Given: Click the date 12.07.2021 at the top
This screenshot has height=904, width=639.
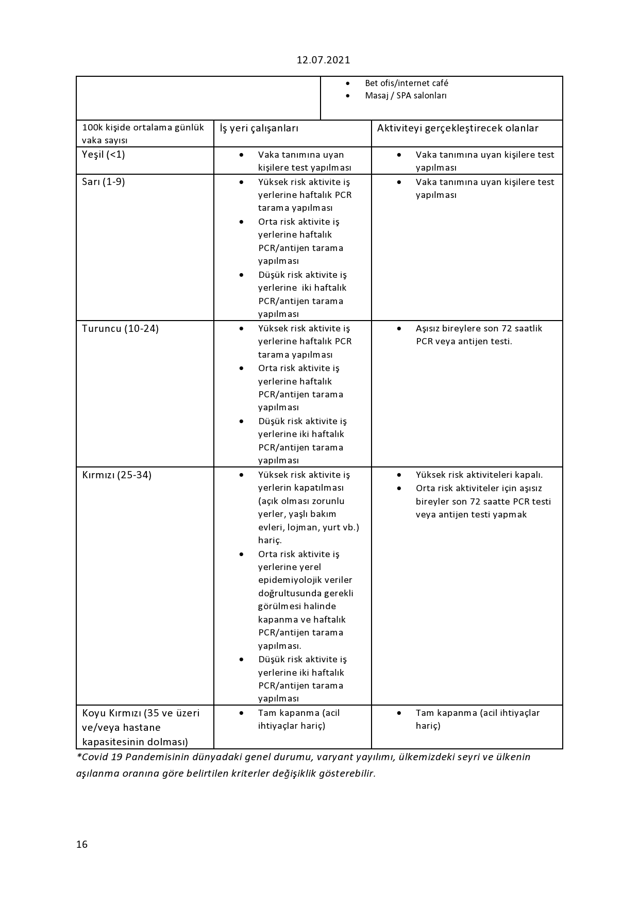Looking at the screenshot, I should pos(323,60).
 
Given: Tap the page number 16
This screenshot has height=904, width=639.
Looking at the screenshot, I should pos(82,844).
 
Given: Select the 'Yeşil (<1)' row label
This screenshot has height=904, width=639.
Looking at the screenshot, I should pos(103,154).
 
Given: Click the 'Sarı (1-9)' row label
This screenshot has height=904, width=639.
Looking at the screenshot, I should pos(103,181).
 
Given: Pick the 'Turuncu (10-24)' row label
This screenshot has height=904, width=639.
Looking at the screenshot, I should pos(120,328).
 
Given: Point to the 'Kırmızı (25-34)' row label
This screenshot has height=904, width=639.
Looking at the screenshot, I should pos(116,475).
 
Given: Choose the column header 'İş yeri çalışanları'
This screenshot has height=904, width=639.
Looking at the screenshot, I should pos(259,128).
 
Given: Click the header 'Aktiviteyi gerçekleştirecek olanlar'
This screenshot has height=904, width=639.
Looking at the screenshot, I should pos(458,128).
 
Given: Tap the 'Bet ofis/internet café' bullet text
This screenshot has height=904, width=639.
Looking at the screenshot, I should pos(406,83).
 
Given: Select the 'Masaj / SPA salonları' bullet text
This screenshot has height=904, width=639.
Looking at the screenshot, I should pos(406,95).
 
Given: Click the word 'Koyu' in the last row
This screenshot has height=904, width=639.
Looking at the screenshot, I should pos(94,713).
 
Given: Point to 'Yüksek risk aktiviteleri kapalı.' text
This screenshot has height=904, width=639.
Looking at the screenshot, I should pos(479,475).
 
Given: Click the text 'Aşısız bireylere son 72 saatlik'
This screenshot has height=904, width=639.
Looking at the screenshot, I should pos(479,328).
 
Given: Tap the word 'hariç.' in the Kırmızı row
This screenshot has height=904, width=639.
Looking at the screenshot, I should pos(270,540).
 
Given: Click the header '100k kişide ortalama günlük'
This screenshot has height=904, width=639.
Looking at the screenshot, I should pos(143,127).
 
